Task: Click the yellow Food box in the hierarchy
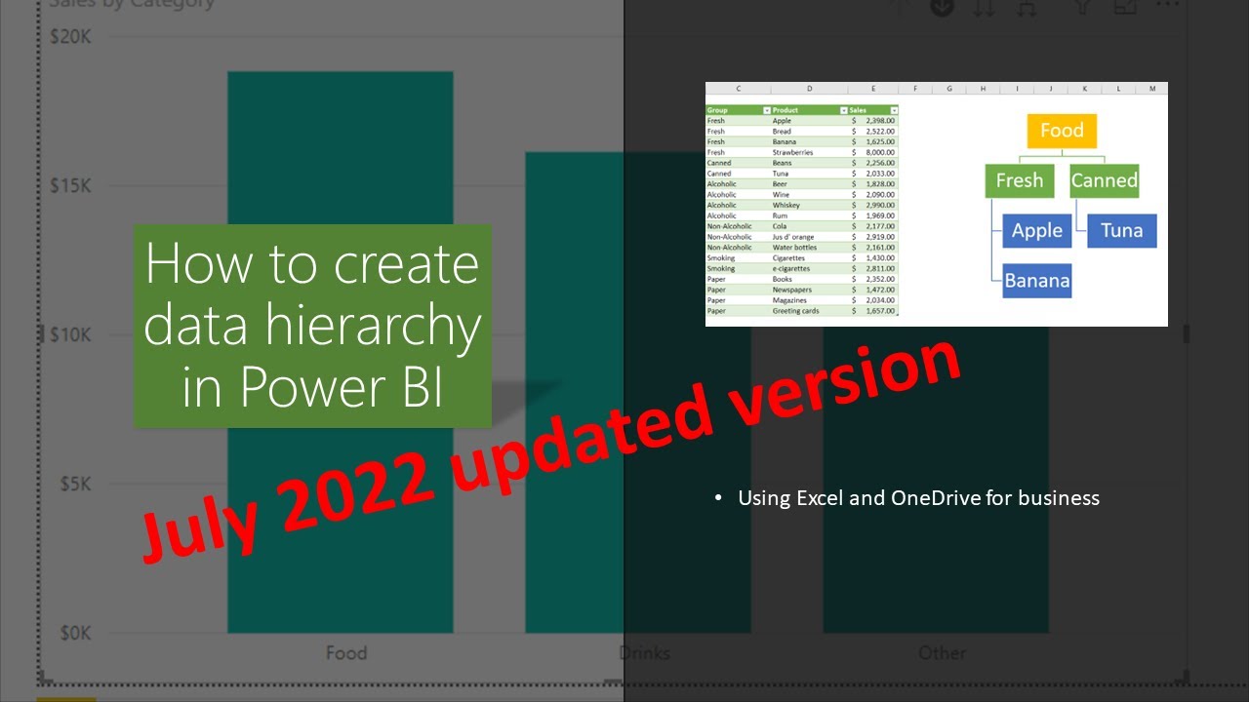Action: [x=1062, y=131]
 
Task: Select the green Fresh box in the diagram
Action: [x=1019, y=180]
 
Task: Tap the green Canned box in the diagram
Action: [x=1105, y=180]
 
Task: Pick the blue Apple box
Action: [x=1036, y=231]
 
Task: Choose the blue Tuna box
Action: [x=1121, y=231]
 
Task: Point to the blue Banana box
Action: [x=1037, y=281]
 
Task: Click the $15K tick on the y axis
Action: [x=71, y=186]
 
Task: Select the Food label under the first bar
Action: [x=346, y=653]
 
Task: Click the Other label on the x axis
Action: [x=942, y=653]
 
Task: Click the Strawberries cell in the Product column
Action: [x=792, y=152]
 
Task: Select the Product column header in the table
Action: [x=786, y=110]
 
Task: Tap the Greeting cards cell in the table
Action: [x=796, y=311]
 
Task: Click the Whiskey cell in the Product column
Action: [x=786, y=206]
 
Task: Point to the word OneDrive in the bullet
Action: [x=929, y=498]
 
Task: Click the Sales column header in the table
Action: [x=860, y=110]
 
